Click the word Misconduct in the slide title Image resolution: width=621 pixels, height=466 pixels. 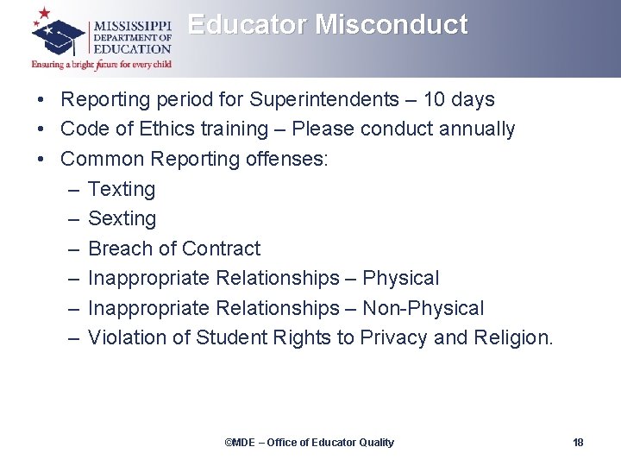(392, 24)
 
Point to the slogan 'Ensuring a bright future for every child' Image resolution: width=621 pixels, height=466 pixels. (102, 64)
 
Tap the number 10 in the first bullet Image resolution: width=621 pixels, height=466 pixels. (436, 99)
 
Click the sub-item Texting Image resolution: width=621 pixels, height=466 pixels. (122, 189)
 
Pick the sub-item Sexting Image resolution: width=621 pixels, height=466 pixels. (122, 219)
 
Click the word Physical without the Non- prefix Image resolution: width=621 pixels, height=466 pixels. (400, 279)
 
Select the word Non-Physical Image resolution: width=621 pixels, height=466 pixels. (423, 308)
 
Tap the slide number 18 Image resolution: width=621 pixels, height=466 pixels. (578, 443)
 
